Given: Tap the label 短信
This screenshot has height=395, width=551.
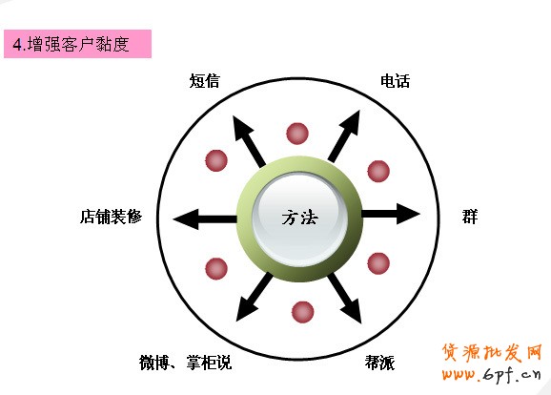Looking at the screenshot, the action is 205,81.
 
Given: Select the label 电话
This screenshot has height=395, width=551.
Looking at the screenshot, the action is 395,81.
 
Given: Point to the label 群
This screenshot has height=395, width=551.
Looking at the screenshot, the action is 470,217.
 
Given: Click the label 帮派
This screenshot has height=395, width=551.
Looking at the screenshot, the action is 379,363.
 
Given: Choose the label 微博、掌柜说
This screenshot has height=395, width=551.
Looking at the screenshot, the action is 185,363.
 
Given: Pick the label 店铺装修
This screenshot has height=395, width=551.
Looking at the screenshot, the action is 111,217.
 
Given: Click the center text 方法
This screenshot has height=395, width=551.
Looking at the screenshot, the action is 299,218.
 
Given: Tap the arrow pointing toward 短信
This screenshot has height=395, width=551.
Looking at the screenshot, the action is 249,141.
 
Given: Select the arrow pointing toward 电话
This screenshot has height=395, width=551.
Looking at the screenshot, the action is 344,136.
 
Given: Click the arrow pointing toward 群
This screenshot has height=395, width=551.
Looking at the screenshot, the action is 391,214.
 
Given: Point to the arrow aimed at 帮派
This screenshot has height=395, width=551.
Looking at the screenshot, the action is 345,299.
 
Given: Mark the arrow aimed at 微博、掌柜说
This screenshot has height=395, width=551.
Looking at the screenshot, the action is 255,298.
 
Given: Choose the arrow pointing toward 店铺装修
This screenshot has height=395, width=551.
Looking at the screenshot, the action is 205,219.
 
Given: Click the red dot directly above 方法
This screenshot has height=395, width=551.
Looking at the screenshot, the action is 297,134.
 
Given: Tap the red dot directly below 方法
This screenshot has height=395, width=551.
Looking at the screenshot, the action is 302,312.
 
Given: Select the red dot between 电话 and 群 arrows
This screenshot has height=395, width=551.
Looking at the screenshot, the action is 378,172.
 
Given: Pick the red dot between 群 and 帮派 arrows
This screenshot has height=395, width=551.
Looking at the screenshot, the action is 378,263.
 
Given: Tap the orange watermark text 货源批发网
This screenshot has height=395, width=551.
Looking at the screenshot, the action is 491,352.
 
